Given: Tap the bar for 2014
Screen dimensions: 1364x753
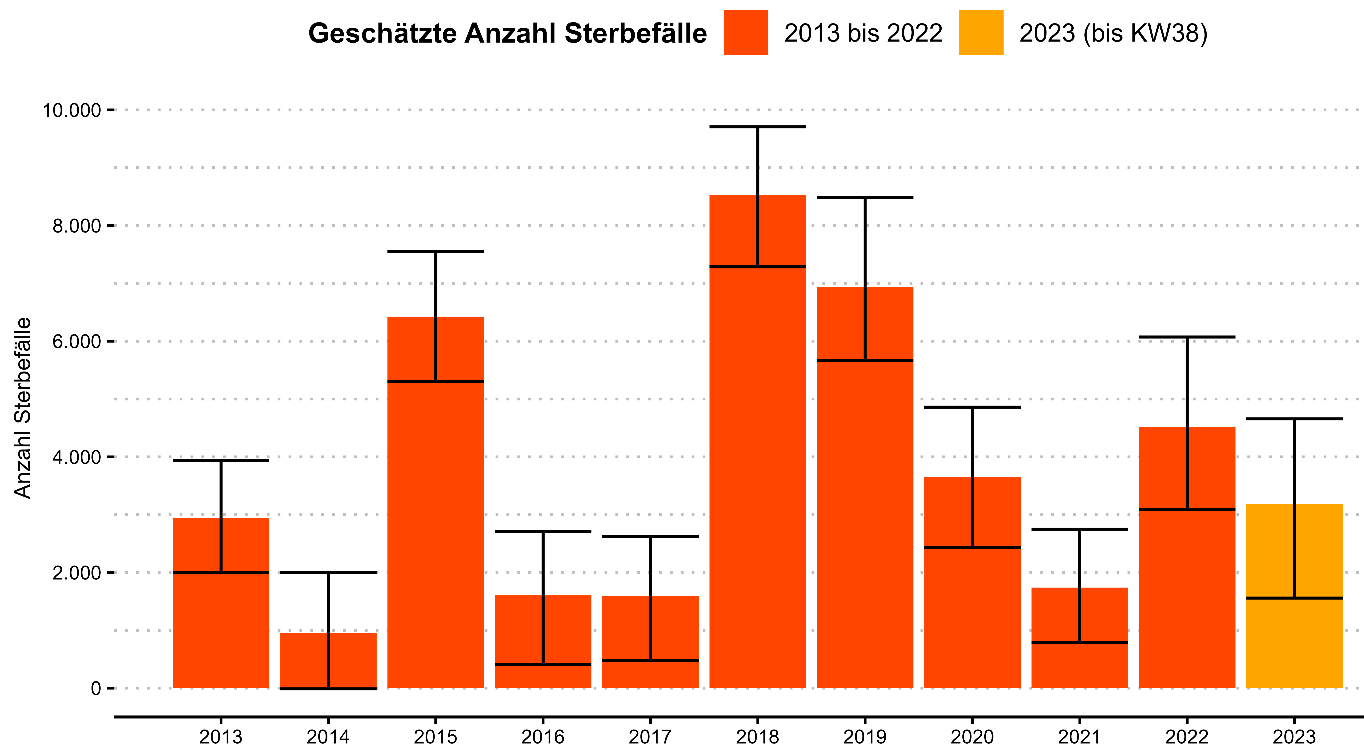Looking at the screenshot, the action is pos(328,660).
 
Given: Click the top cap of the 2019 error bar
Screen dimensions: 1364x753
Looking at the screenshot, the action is pos(865,198).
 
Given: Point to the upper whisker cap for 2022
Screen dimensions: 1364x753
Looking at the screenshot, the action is pos(1187,337).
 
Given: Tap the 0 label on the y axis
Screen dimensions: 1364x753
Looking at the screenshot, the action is pos(96,688).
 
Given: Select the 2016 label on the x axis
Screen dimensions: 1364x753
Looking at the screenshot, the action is pos(543,737).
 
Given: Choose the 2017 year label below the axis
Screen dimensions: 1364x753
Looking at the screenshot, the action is pos(650,737).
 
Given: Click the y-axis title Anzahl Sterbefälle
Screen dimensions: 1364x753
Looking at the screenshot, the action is pos(23,408).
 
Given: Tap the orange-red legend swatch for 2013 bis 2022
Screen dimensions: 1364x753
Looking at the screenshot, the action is pos(745,32).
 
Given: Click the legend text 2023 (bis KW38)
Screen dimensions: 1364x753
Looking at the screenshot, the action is pos(1113,33).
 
